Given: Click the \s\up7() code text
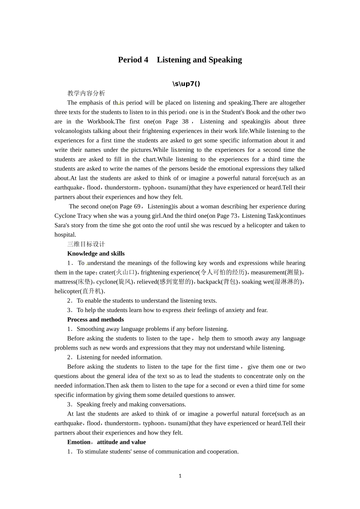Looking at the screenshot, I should [186, 84].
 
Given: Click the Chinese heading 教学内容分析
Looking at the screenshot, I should [86, 93].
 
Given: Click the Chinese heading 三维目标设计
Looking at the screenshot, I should [86, 244].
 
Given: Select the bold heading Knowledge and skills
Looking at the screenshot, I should [96, 254].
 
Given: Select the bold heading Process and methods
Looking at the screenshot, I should [95, 320].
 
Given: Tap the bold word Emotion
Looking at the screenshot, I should [79, 442].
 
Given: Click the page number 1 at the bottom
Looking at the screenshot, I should [180, 476].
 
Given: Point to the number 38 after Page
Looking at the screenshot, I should [185, 122].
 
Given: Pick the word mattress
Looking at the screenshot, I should [65, 282].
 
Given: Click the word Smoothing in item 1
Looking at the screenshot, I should [91, 329].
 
